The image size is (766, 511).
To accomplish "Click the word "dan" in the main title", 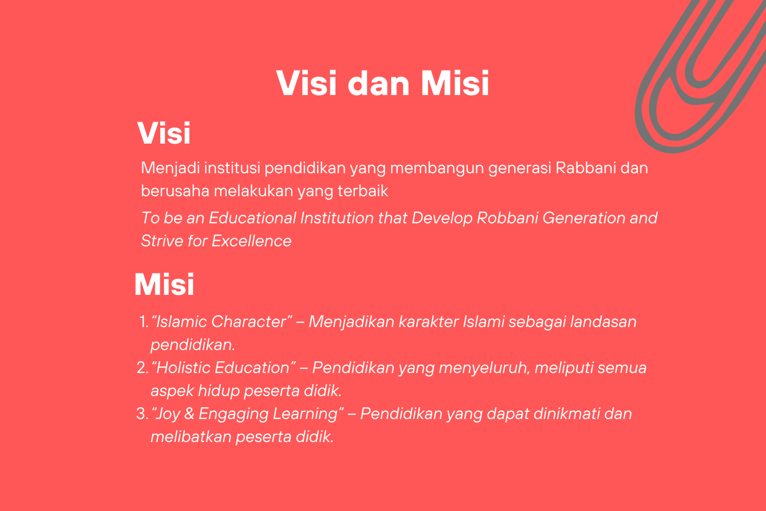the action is coord(378,83).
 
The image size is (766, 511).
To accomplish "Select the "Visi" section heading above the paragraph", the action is coord(164,133).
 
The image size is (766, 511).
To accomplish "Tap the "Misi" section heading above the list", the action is coord(164,284).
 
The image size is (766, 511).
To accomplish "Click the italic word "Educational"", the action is coord(252,218).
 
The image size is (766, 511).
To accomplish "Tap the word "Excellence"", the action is coord(252,241).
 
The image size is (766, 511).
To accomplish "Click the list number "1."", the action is coord(144,322).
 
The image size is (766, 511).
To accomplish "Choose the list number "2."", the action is coord(142,368).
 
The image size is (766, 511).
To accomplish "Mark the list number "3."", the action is coord(142,414).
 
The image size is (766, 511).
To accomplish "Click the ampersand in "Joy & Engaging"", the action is coord(189,414).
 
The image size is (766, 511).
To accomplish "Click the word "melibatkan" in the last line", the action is coord(191,437).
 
